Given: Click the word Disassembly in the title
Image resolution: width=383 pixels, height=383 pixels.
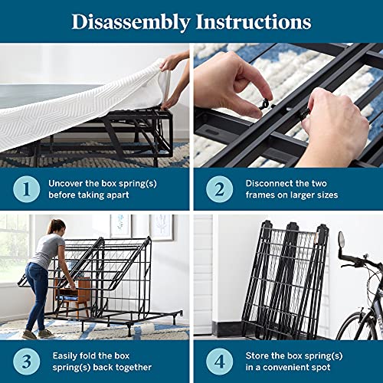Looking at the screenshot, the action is coord(131,22).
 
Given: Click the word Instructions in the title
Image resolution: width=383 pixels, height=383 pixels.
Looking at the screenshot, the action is coord(254,21).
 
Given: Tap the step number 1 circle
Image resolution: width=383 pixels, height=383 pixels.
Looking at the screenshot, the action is coord(27,189).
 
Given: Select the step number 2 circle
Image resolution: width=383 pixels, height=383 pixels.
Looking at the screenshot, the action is coord(220,189).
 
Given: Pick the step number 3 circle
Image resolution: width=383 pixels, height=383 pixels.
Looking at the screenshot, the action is coord(27,362).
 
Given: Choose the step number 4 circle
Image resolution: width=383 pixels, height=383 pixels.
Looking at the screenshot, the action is coord(220,362).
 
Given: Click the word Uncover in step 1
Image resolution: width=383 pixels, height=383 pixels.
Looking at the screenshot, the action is coord(66,183).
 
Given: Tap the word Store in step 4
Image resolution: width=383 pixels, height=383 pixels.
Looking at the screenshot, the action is coord(257,355).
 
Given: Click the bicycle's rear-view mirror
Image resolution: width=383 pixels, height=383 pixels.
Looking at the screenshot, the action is coord(342,240).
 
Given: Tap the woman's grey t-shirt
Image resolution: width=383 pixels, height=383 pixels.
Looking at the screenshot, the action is coord(47,251).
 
